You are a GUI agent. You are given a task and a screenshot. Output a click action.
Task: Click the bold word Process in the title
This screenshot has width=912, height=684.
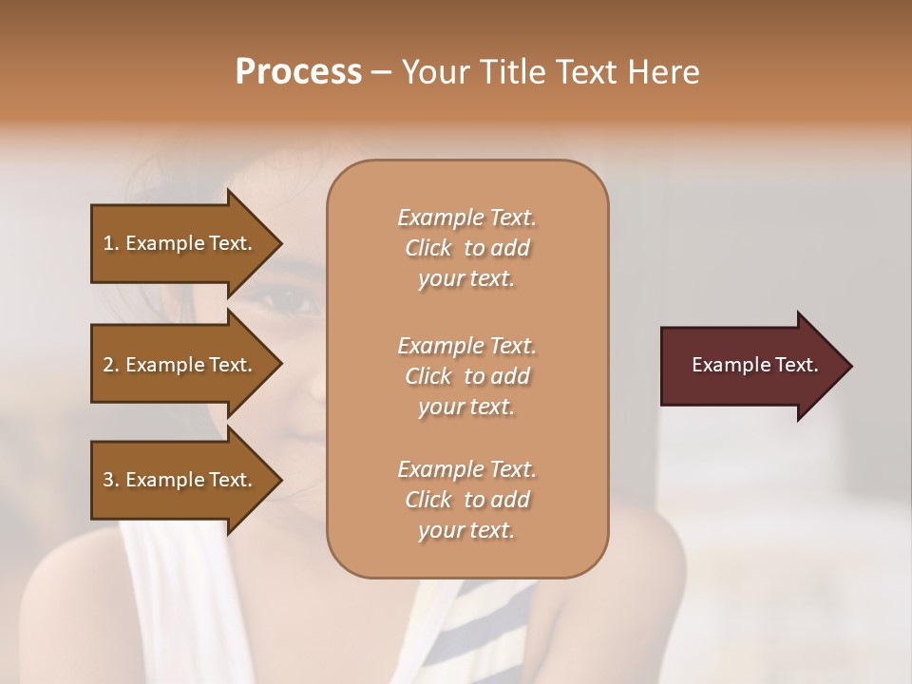pyautogui.click(x=298, y=72)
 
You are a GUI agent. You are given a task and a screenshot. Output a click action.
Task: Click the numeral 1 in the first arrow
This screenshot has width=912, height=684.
pyautogui.click(x=108, y=243)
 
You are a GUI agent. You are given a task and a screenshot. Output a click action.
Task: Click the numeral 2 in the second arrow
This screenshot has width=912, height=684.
pyautogui.click(x=108, y=365)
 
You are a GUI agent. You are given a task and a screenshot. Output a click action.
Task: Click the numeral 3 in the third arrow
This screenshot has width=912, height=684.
pyautogui.click(x=108, y=480)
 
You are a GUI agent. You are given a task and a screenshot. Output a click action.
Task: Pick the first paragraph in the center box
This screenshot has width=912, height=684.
pyautogui.click(x=466, y=248)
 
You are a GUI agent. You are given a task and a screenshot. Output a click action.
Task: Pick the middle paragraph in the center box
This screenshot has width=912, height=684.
pyautogui.click(x=466, y=376)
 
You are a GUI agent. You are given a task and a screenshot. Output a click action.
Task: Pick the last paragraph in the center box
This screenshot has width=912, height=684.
pyautogui.click(x=466, y=500)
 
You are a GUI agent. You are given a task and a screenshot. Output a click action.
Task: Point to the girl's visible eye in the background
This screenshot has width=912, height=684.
pyautogui.click(x=289, y=302)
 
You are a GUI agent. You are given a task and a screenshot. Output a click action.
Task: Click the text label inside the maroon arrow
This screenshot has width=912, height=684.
pyautogui.click(x=755, y=365)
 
